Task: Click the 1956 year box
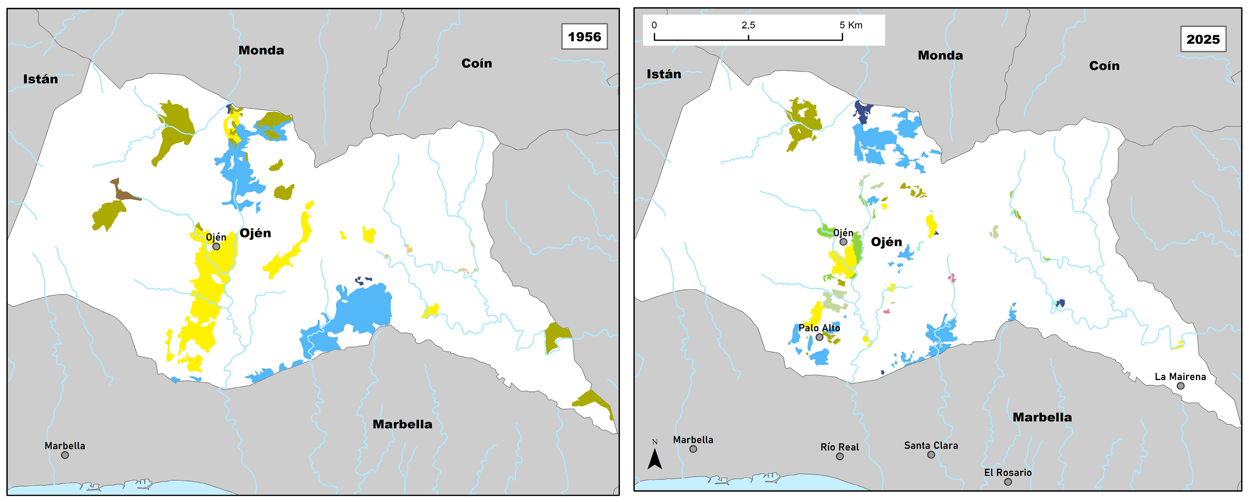pyautogui.click(x=584, y=37)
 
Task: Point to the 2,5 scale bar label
pyautogui.click(x=748, y=25)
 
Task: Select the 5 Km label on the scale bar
pyautogui.click(x=851, y=25)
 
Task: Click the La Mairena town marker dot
pyautogui.click(x=1181, y=386)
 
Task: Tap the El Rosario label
pyautogui.click(x=1008, y=472)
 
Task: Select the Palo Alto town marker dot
pyautogui.click(x=820, y=337)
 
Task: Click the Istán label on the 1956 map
pyautogui.click(x=41, y=79)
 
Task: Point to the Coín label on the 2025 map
pyautogui.click(x=1104, y=66)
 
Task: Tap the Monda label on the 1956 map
pyautogui.click(x=261, y=50)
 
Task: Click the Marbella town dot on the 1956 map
pyautogui.click(x=65, y=455)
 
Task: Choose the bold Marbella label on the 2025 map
pyautogui.click(x=1042, y=417)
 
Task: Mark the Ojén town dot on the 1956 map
pyautogui.click(x=216, y=247)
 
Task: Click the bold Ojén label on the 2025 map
pyautogui.click(x=886, y=242)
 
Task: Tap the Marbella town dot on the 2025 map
pyautogui.click(x=693, y=449)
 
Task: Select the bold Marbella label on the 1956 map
pyautogui.click(x=402, y=424)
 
